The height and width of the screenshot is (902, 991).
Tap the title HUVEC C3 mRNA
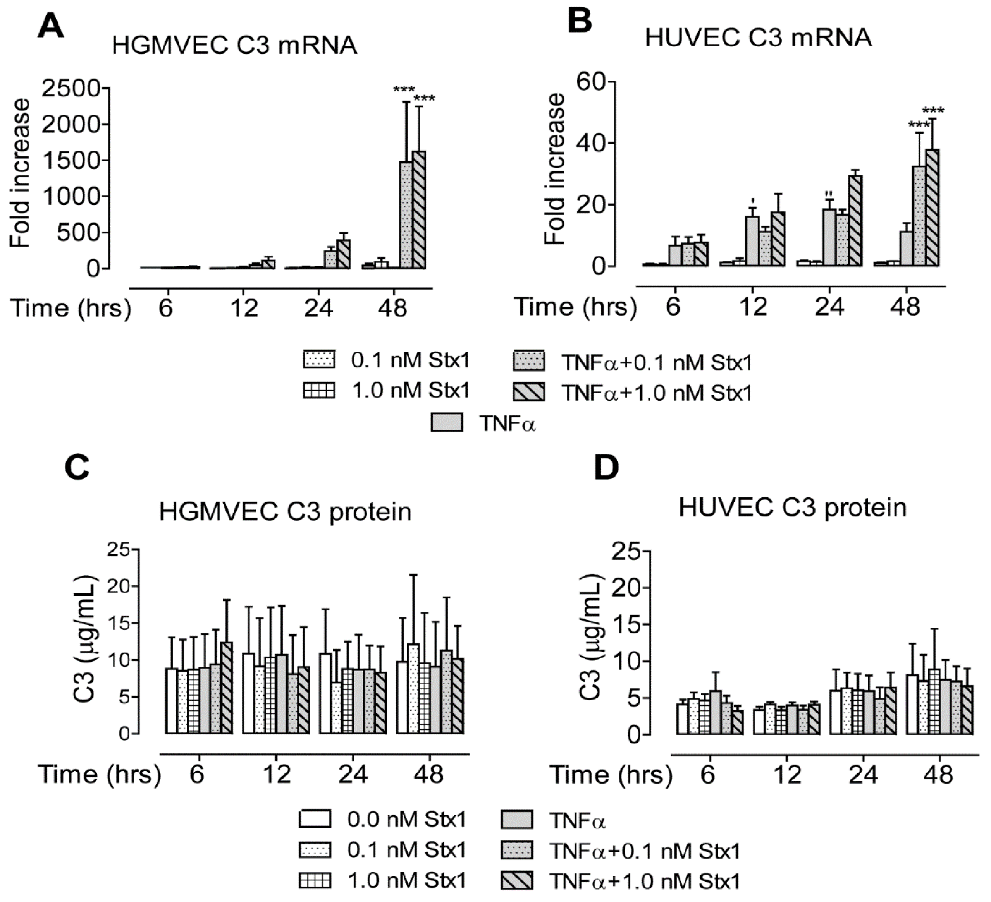point(759,38)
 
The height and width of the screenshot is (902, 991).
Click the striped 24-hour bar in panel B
point(855,221)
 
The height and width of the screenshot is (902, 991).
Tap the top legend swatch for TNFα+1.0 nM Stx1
point(529,392)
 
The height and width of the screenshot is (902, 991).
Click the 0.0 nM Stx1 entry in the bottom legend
point(406,819)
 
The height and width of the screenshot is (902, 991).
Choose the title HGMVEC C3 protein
point(285,512)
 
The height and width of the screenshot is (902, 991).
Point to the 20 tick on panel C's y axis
point(118,586)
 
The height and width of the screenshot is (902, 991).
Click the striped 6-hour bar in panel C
point(227,688)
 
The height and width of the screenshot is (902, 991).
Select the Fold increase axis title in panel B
point(556,170)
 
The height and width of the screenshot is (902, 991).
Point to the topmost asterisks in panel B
point(933,111)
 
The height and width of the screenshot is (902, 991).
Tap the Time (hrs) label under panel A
point(71,309)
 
